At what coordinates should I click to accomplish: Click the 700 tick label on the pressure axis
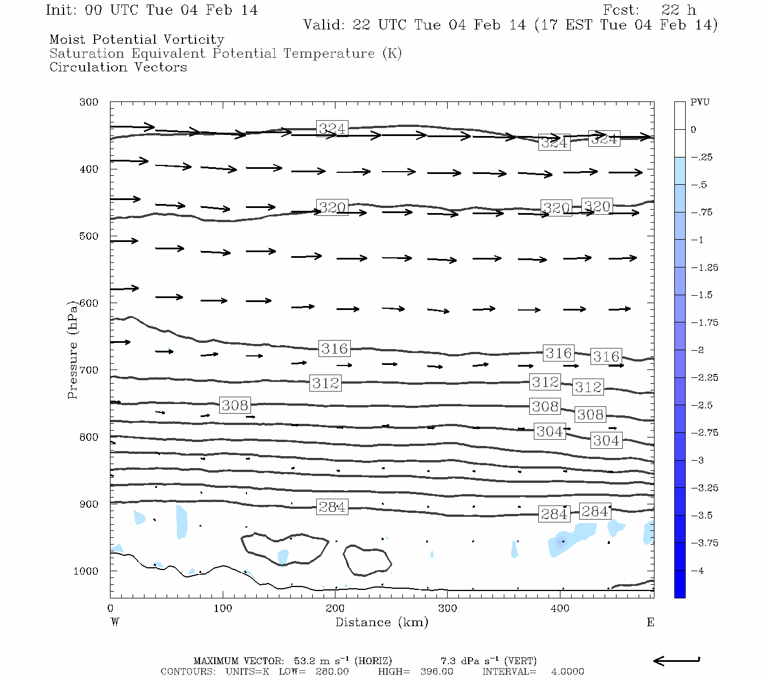click(x=89, y=370)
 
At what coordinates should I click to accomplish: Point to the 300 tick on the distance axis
click(x=448, y=609)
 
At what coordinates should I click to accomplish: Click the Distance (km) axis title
click(x=381, y=622)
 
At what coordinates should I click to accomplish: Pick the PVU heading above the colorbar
click(x=700, y=103)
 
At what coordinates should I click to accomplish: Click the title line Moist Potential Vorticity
click(x=137, y=40)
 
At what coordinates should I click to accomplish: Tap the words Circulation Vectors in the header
click(x=118, y=67)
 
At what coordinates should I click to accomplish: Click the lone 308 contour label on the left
click(x=235, y=405)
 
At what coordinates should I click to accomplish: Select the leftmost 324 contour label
click(x=332, y=129)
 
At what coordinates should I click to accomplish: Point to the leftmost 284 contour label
click(x=332, y=507)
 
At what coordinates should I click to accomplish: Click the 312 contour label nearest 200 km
click(x=326, y=384)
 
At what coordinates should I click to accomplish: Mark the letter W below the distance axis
click(x=114, y=622)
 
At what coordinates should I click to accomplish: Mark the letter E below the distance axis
click(x=650, y=622)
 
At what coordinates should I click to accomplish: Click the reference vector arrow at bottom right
click(x=677, y=660)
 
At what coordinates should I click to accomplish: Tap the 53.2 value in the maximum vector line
click(x=304, y=661)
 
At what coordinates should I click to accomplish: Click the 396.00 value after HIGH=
click(x=436, y=671)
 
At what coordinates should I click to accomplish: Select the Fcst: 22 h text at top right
click(x=649, y=10)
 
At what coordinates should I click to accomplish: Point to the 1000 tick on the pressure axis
click(x=86, y=571)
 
